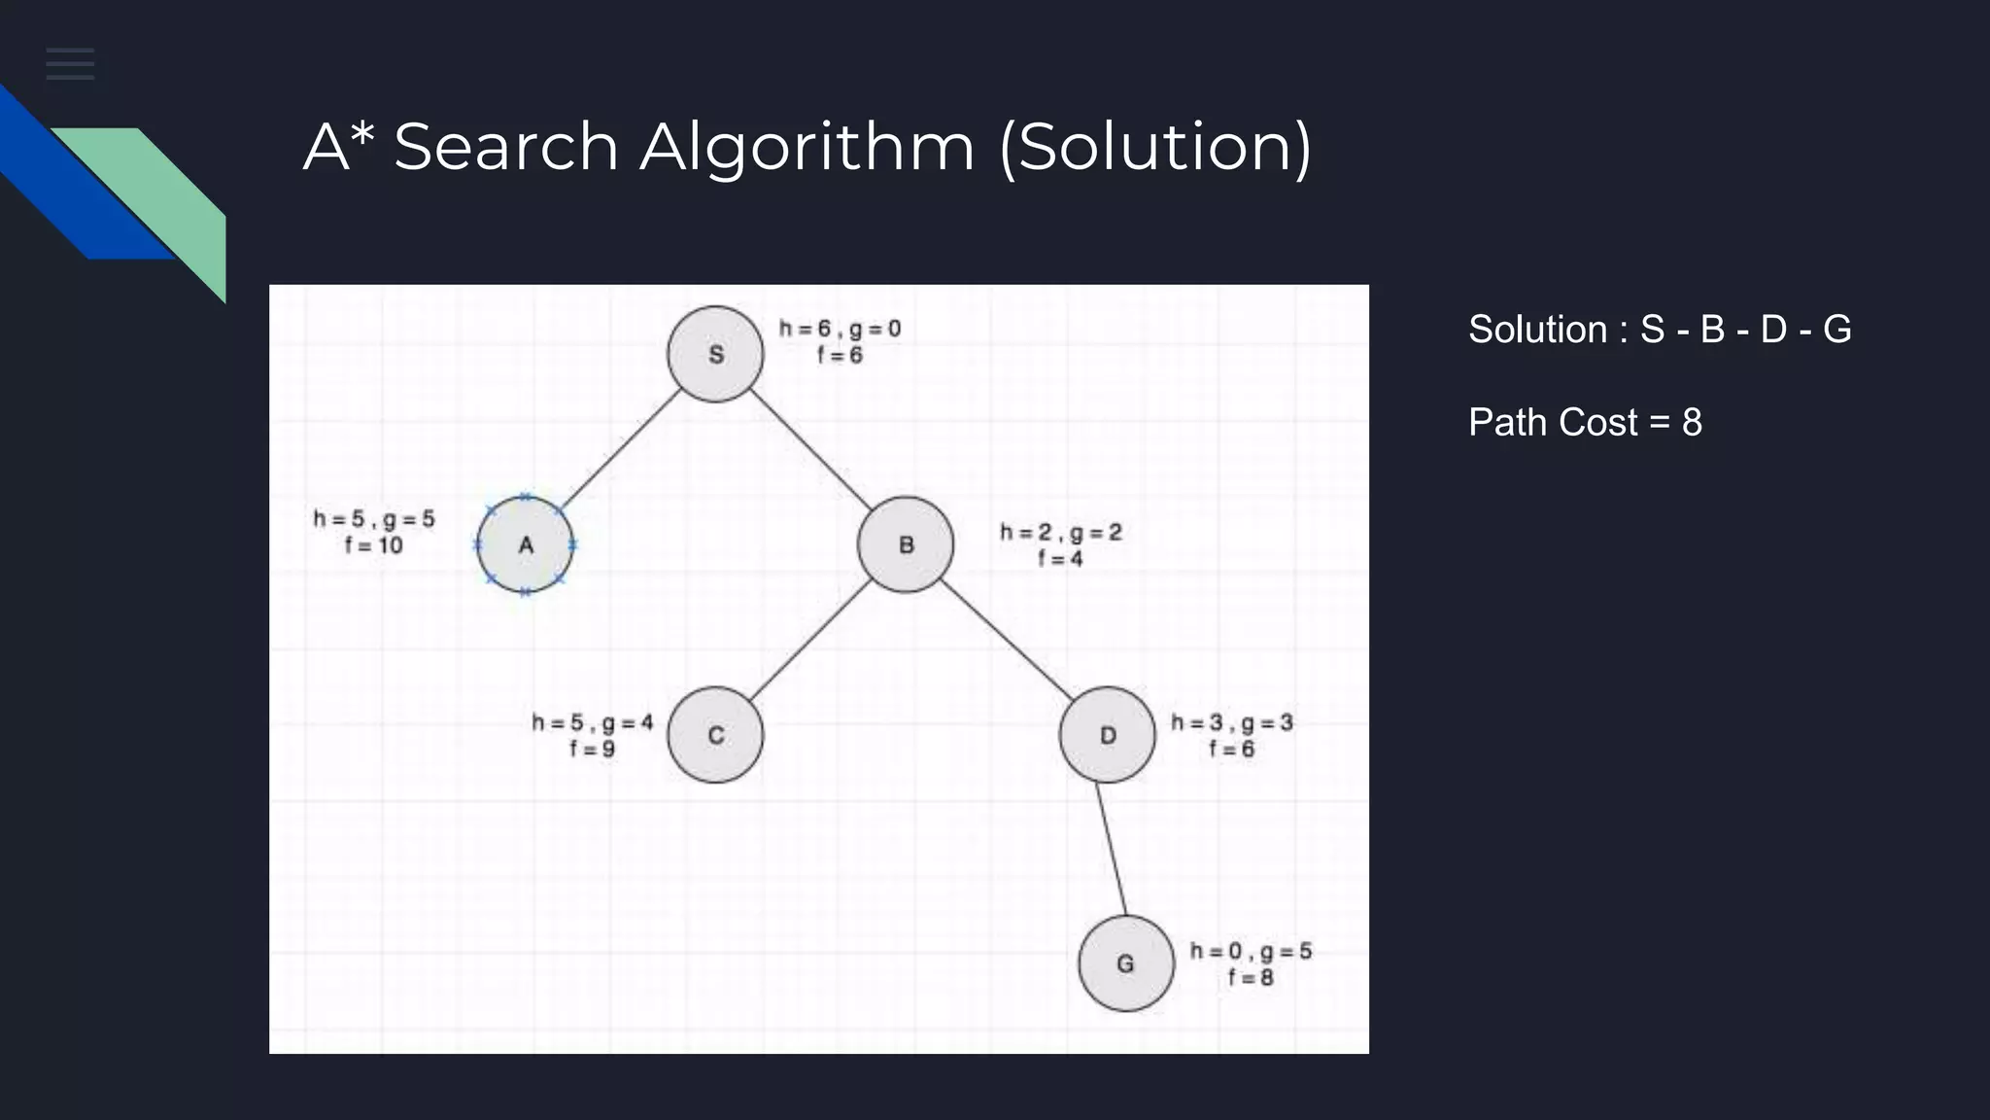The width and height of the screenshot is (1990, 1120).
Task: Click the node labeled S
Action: [715, 354]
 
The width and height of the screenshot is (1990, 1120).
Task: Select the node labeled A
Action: [525, 544]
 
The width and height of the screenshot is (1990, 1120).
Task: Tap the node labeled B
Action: [906, 544]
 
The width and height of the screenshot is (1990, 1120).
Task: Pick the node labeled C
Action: [715, 735]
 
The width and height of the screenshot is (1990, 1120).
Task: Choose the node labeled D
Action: [1107, 735]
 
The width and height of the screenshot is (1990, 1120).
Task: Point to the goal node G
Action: [1125, 963]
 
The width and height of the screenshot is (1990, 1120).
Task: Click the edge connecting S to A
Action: [620, 449]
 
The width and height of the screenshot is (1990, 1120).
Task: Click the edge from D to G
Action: [1112, 849]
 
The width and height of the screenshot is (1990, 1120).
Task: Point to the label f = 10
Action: [374, 545]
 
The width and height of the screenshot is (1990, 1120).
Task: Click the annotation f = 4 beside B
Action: [1060, 559]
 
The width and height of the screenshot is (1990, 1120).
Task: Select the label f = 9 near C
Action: [592, 750]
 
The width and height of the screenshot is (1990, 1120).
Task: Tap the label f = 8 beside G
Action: [1251, 978]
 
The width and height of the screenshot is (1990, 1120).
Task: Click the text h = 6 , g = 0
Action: [840, 329]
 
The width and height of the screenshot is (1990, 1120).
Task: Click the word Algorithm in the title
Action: [806, 148]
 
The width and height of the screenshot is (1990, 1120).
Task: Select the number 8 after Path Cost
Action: [1692, 423]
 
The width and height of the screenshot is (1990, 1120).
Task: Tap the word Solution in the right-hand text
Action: [1537, 330]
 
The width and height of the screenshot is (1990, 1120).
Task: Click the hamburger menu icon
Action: [70, 64]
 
